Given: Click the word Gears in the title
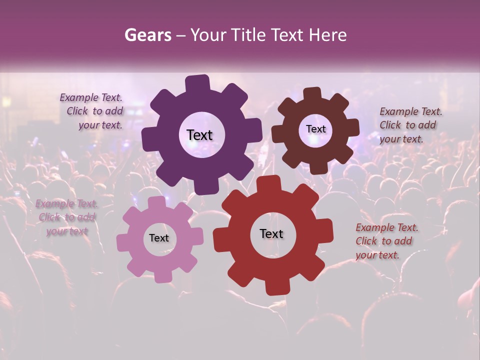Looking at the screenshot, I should tap(148, 35).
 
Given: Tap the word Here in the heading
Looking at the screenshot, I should tap(328, 35).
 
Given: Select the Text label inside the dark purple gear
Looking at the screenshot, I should tap(199, 135).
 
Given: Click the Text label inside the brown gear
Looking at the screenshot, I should tap(315, 129).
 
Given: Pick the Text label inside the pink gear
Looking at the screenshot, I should tap(159, 238).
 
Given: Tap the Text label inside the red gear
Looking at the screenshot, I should tap(271, 233).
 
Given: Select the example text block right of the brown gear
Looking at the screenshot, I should tap(410, 125).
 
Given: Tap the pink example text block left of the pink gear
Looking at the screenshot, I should tap(67, 217).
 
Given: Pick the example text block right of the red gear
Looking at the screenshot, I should tap(386, 241).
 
